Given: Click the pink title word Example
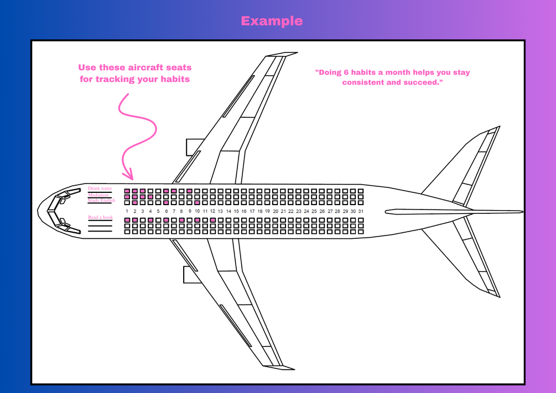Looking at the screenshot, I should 272,21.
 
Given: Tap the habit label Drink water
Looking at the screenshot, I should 100,188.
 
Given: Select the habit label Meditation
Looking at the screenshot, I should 98,195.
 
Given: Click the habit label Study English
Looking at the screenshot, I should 101,200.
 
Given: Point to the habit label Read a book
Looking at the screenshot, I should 100,217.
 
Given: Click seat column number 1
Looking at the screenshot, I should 127,211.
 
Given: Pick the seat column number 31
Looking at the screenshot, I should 361,211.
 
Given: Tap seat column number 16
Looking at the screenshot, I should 244,211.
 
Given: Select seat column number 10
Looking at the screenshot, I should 197,211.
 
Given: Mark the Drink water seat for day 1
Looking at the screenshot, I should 127,191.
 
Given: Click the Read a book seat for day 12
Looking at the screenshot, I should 212,220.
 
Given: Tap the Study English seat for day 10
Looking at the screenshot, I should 197,203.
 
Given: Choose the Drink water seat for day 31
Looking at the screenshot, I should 361,191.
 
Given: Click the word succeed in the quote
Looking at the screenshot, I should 425,82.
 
